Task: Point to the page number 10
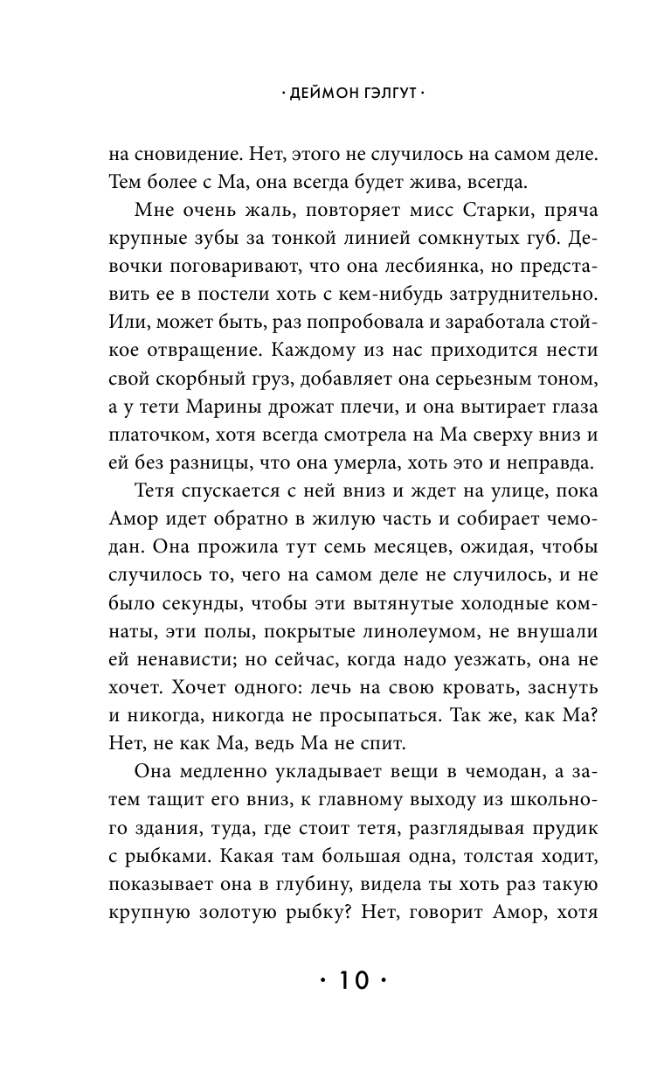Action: [354, 980]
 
